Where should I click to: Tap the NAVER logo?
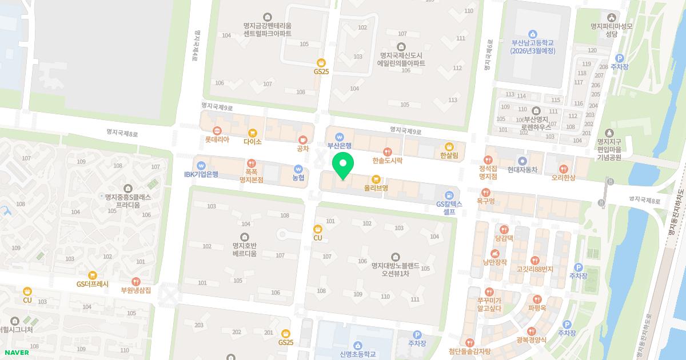(15, 352)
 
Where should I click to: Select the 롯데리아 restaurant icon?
(217, 130)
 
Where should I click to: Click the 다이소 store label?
(252, 141)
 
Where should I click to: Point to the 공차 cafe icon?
(303, 139)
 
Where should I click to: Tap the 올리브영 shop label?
(376, 187)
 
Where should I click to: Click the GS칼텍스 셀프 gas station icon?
(449, 195)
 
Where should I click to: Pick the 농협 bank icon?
(298, 169)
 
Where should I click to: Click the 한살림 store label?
(449, 155)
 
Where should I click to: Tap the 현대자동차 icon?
(521, 161)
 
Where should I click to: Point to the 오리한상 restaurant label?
(564, 177)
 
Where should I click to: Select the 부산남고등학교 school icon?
(533, 34)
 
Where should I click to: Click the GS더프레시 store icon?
(93, 275)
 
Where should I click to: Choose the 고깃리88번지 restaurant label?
(535, 269)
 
